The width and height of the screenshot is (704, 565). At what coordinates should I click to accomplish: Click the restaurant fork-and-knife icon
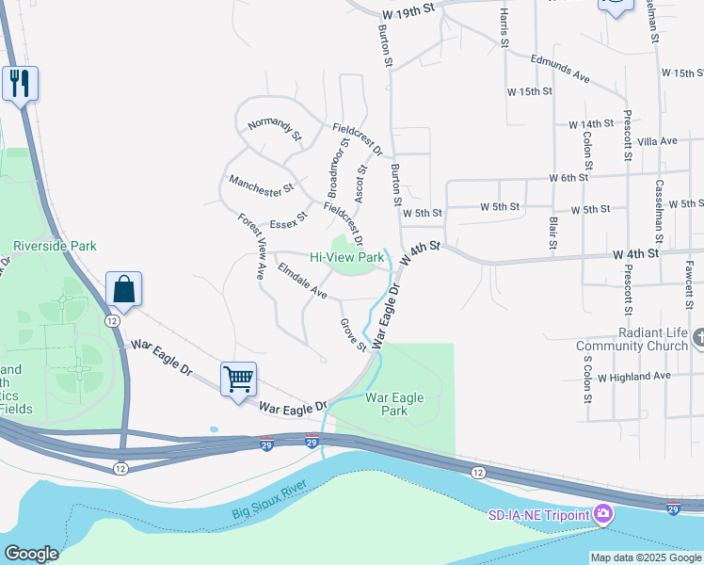[20, 83]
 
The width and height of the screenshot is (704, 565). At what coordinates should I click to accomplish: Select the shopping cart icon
[239, 379]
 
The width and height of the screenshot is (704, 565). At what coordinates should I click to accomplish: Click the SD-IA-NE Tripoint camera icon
[603, 514]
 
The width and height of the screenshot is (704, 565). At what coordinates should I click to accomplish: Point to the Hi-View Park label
[347, 257]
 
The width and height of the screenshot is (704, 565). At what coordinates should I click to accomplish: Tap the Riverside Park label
[55, 246]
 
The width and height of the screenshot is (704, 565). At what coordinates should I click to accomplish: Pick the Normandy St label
[274, 130]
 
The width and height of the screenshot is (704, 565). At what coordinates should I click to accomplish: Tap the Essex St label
[289, 220]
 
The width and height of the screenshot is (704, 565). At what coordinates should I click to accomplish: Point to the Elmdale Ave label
[302, 282]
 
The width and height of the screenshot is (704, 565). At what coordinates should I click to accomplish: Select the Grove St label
[353, 335]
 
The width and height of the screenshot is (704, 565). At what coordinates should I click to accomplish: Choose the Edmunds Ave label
[559, 68]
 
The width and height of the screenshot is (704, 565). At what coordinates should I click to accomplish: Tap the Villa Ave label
[657, 141]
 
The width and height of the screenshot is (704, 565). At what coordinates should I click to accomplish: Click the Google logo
[31, 554]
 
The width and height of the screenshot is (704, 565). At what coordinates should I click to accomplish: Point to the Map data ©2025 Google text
[644, 557]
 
